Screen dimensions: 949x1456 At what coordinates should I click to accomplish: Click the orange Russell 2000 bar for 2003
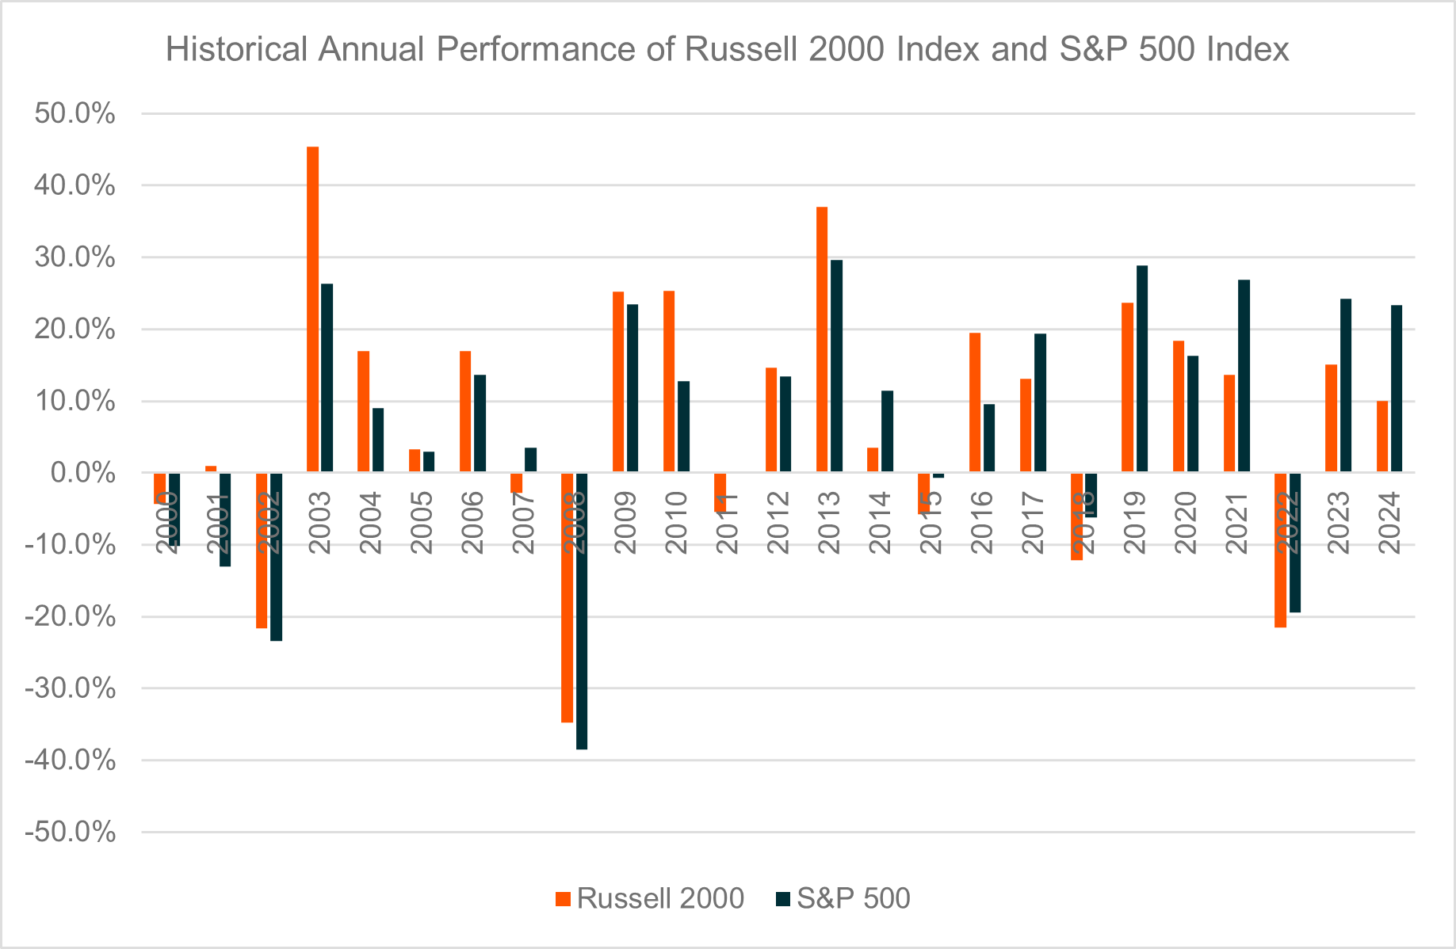click(312, 309)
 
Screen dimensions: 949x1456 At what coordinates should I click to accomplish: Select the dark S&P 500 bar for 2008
click(582, 610)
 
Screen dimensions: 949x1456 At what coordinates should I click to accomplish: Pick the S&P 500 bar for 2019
click(1142, 368)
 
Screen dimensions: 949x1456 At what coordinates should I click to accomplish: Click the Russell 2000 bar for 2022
click(1280, 550)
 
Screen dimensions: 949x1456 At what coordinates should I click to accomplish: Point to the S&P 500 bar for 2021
click(1244, 375)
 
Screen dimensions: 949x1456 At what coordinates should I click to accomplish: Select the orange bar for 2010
click(669, 381)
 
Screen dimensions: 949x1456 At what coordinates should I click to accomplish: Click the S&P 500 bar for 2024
click(1397, 388)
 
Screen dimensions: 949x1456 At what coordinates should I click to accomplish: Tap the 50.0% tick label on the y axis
click(75, 114)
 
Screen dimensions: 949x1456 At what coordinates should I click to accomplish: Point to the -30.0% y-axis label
click(71, 688)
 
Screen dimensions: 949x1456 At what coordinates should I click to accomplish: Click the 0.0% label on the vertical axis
click(82, 474)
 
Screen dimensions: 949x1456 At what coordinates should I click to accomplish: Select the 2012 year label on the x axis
click(778, 522)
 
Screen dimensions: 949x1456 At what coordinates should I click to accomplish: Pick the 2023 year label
click(1339, 522)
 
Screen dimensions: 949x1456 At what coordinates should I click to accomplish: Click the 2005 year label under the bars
click(422, 522)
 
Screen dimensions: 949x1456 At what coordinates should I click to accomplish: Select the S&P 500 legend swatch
click(783, 898)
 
